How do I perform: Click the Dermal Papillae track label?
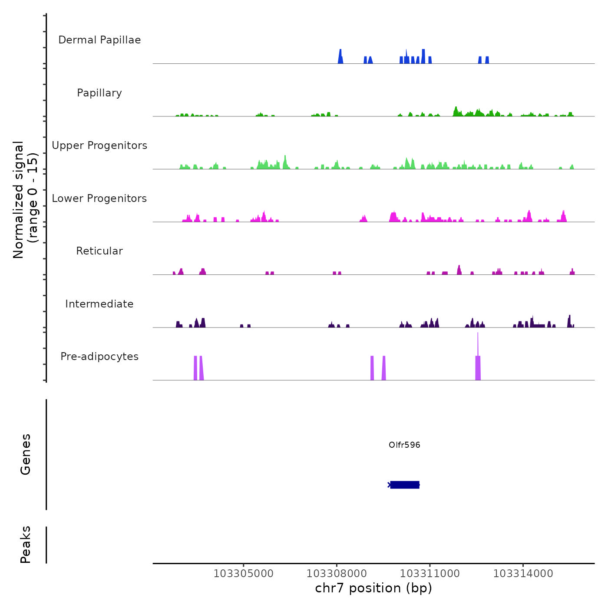click(x=99, y=40)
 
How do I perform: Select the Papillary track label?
click(x=99, y=93)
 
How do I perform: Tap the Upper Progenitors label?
click(x=99, y=145)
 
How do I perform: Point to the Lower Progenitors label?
click(x=99, y=198)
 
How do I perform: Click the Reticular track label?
click(x=99, y=251)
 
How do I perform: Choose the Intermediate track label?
click(x=99, y=304)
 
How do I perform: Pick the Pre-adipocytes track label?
click(x=99, y=357)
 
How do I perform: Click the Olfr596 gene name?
click(x=404, y=445)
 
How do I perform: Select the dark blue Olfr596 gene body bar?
click(x=405, y=485)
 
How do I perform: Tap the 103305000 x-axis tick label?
click(x=244, y=574)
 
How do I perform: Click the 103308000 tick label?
click(x=337, y=574)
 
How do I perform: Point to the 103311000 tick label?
click(x=430, y=574)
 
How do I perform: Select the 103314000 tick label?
click(x=523, y=574)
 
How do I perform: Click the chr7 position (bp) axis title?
click(x=373, y=588)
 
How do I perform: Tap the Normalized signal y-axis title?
click(x=25, y=200)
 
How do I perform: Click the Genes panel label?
click(x=26, y=454)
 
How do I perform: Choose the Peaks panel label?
click(x=26, y=545)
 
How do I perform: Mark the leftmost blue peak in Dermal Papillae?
click(x=340, y=56)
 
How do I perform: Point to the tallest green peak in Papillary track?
click(x=456, y=110)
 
